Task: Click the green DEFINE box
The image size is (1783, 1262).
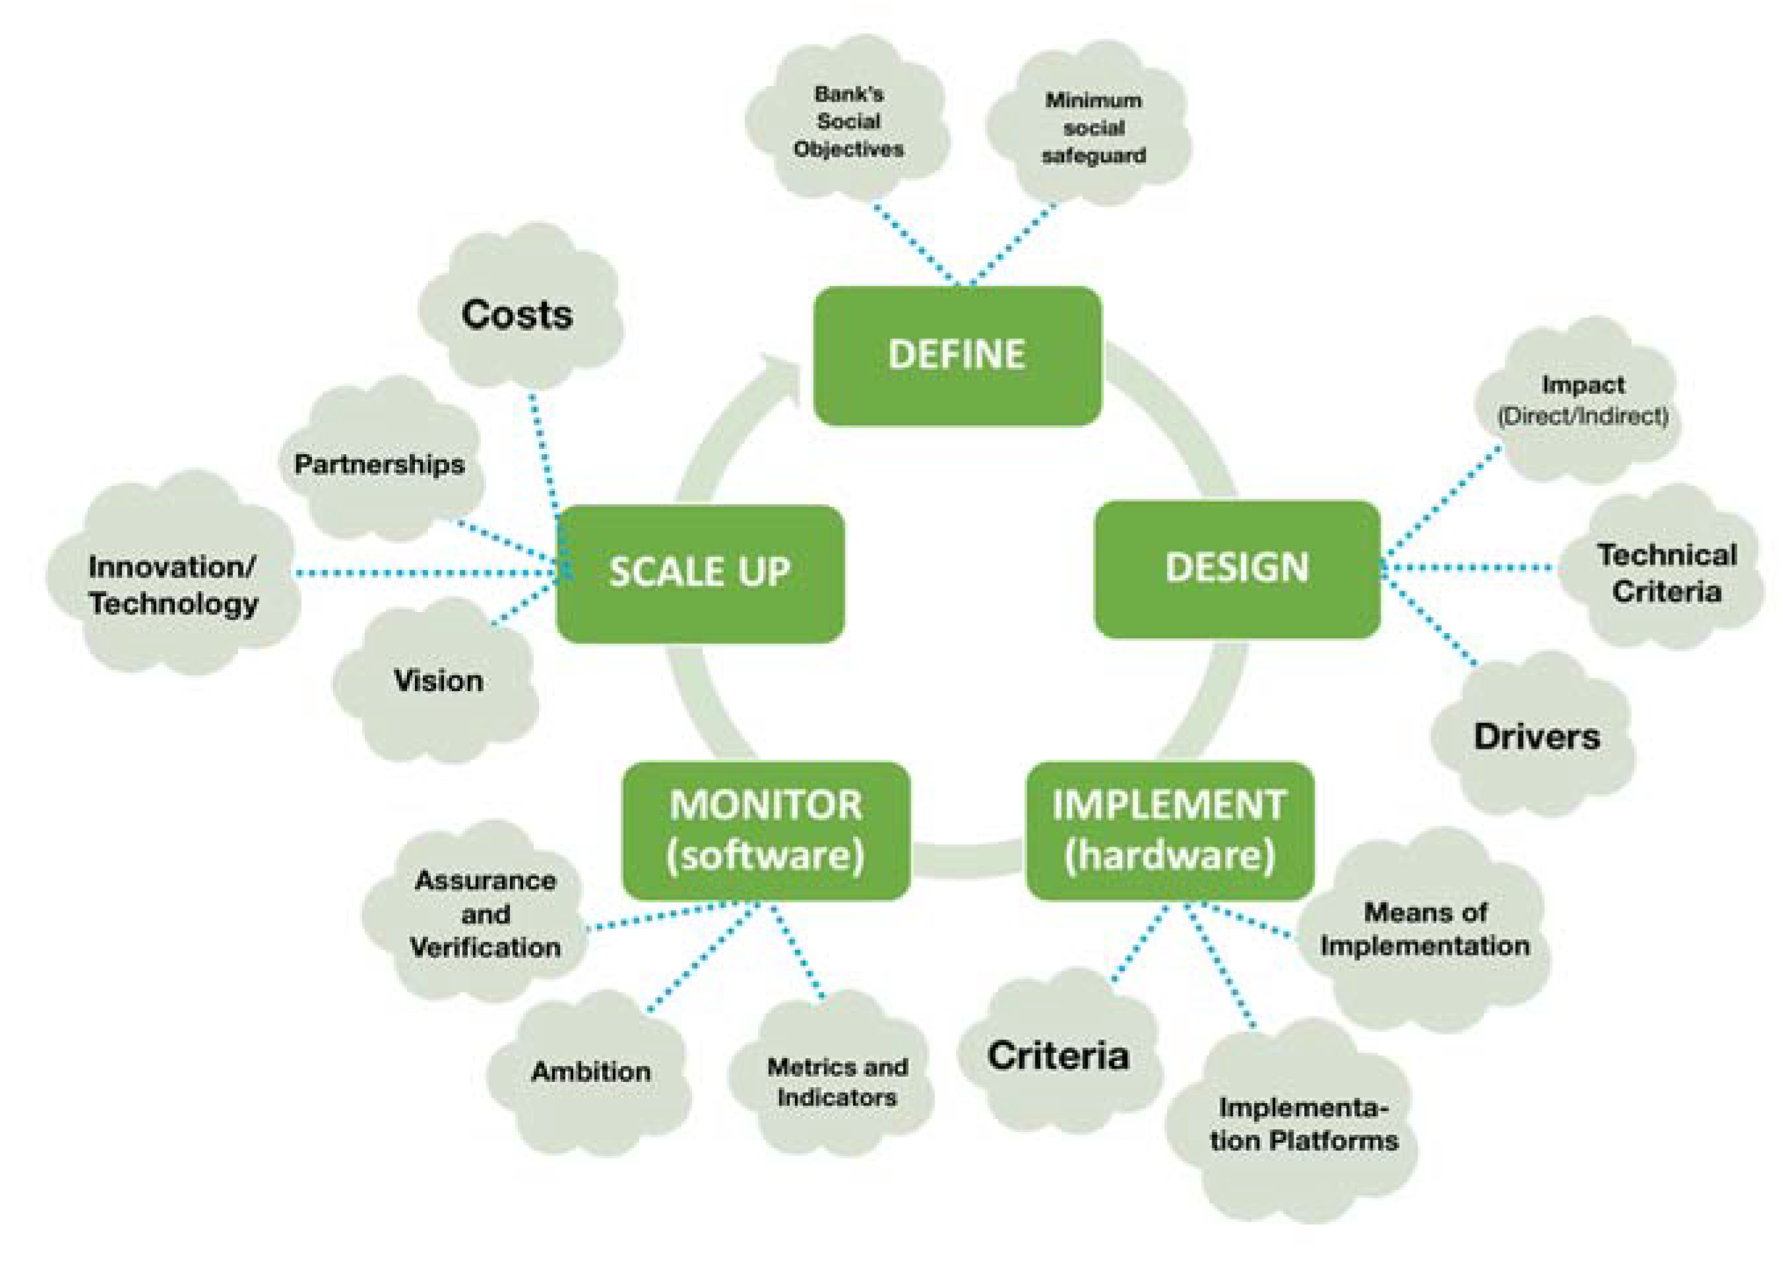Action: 956,355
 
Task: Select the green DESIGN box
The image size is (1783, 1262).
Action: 1237,568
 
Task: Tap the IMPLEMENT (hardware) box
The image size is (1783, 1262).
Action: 1169,830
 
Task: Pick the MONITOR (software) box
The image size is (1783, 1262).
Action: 766,830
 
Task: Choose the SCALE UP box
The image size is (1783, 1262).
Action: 699,573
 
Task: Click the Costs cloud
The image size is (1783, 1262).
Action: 518,315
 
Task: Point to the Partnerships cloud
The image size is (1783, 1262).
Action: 379,465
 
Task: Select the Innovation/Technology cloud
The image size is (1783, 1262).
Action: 173,584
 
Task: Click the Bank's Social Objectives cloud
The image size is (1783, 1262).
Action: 848,122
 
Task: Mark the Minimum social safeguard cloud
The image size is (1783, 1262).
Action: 1093,128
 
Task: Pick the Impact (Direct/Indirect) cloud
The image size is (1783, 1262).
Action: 1581,400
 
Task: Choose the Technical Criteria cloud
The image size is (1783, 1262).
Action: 1666,573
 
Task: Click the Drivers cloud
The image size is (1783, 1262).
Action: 1536,736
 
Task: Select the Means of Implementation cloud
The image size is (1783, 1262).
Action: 1424,930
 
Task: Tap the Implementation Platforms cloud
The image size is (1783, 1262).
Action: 1303,1124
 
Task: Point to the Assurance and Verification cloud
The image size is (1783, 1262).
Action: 485,914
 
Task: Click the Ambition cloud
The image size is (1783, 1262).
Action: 591,1071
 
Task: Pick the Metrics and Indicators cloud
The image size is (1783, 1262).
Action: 836,1082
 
